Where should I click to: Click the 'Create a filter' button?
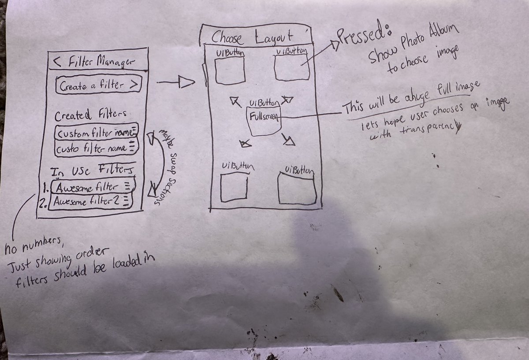click(x=98, y=85)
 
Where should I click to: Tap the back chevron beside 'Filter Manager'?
click(x=57, y=63)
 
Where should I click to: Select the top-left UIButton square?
click(x=230, y=71)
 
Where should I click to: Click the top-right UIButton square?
click(x=291, y=67)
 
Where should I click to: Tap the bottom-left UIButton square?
click(x=234, y=187)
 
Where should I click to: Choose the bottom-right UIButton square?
click(x=297, y=189)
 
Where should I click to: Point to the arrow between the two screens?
click(x=176, y=82)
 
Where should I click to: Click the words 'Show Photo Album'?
click(x=414, y=45)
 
